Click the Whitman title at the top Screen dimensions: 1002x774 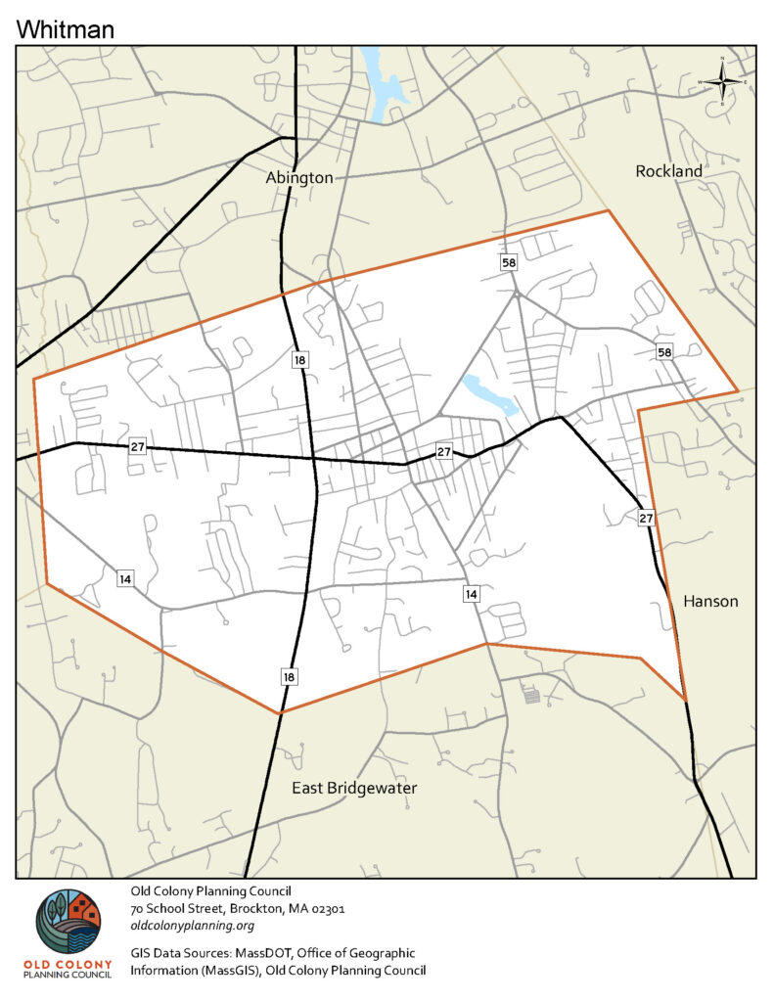66,28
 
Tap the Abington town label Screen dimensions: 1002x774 299,178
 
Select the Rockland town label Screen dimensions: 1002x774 669,171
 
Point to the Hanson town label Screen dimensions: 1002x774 710,601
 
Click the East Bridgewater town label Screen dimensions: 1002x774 355,788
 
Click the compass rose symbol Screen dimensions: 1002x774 722,81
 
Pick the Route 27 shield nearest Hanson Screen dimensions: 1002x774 646,518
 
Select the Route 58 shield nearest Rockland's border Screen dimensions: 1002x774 665,352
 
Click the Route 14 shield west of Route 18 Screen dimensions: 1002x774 125,578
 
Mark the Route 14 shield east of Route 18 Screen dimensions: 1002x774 472,594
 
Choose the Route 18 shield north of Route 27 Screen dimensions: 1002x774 300,361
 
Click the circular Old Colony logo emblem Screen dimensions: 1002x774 68,923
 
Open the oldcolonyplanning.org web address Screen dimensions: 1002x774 193,926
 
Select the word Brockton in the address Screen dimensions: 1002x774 254,908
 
